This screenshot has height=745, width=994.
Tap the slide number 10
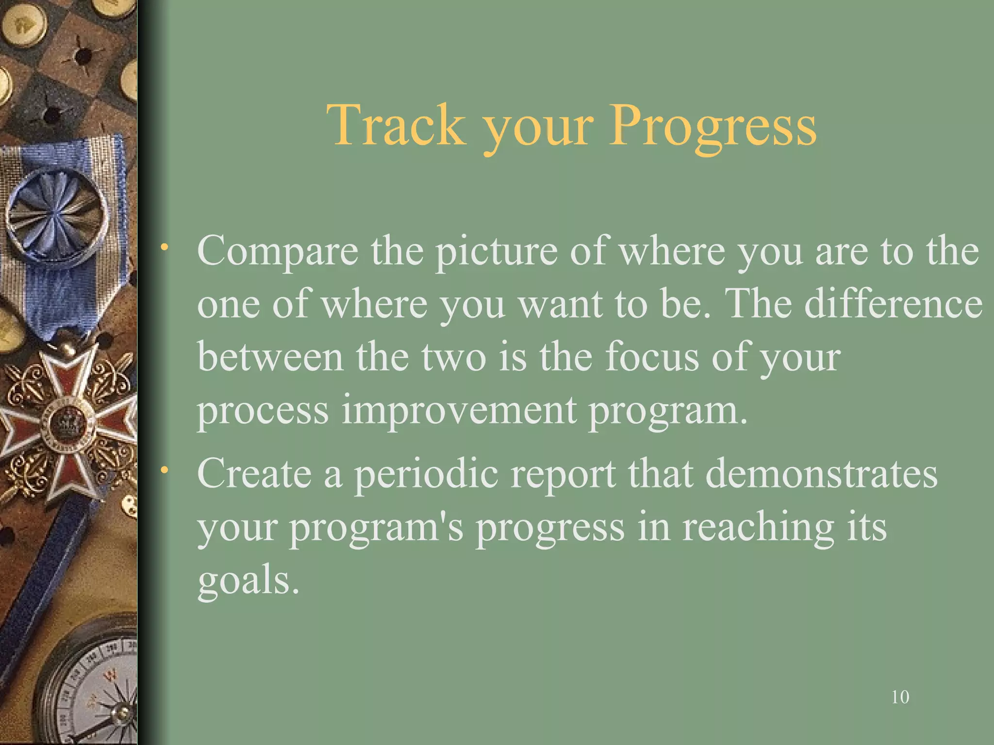(900, 697)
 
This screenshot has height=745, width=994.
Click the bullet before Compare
(166, 247)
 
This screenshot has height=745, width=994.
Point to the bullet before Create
(166, 470)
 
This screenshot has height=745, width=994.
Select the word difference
(894, 304)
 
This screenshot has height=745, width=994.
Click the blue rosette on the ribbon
(57, 213)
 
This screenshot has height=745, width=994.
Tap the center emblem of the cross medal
(65, 422)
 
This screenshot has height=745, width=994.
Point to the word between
(270, 357)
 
